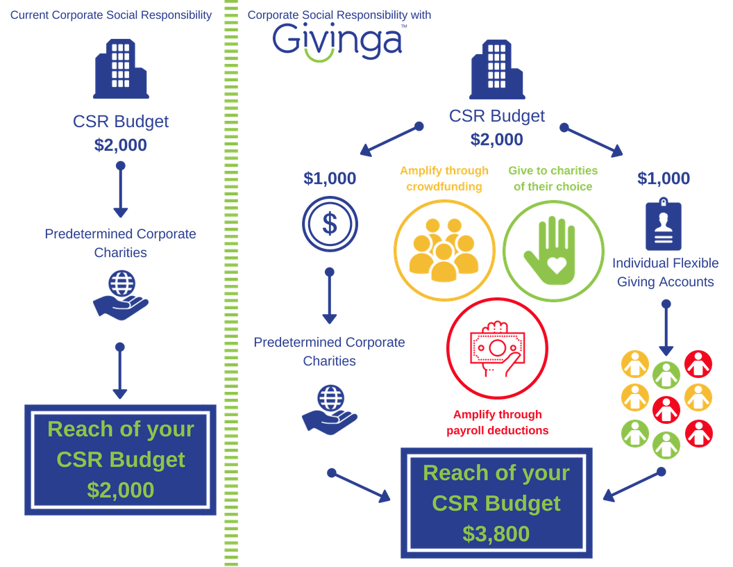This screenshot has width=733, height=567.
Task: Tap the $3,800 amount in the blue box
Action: tap(496, 533)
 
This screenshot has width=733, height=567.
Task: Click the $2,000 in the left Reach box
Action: tap(120, 490)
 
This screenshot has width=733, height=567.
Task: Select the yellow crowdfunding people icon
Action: tap(444, 251)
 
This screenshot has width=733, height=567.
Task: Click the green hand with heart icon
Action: tap(553, 251)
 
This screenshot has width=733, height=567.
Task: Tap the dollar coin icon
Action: tap(330, 224)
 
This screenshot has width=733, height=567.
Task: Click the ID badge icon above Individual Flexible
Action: tap(664, 226)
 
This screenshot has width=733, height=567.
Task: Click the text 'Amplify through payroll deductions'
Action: tap(497, 422)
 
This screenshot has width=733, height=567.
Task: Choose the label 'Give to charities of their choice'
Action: tap(553, 178)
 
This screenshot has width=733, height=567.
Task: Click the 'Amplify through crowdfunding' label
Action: tap(444, 178)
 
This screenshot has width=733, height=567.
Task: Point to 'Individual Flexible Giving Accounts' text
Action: tap(665, 272)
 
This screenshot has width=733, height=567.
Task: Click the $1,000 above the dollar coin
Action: tap(330, 178)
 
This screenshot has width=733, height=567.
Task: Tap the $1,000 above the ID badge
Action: tap(664, 178)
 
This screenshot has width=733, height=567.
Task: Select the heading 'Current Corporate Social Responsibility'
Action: tap(110, 15)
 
